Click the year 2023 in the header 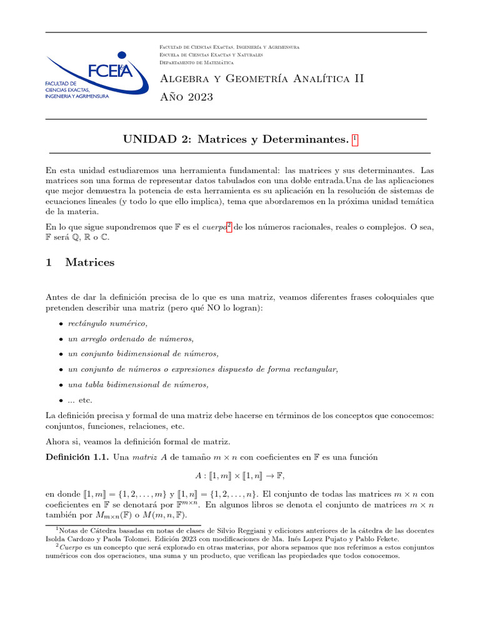coord(196,97)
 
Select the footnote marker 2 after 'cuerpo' coord(230,225)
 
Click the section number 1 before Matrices coord(49,262)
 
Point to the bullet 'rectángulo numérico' coord(107,323)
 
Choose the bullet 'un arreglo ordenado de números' coord(131,339)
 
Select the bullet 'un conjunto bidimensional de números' coord(143,354)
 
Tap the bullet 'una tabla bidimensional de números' coord(138,384)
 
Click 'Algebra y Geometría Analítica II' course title coord(262,79)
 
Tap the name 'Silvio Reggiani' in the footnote coord(263,530)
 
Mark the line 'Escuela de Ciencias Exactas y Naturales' coord(211,55)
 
